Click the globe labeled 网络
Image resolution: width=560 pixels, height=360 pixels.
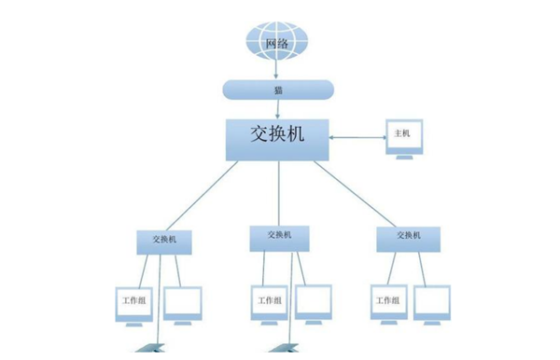[x=275, y=42]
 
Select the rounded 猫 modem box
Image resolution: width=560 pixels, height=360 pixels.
[x=277, y=90]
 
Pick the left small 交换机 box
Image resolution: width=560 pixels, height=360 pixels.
[x=165, y=240]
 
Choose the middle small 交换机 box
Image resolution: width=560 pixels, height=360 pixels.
[x=279, y=237]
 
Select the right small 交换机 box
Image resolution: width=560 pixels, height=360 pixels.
[x=406, y=239]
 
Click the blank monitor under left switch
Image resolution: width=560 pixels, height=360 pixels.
[x=183, y=301]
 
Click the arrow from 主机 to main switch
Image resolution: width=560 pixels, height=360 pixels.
[x=357, y=139]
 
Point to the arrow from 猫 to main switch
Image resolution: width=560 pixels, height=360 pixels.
[x=277, y=107]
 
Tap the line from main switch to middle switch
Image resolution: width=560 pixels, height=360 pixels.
[x=278, y=192]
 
